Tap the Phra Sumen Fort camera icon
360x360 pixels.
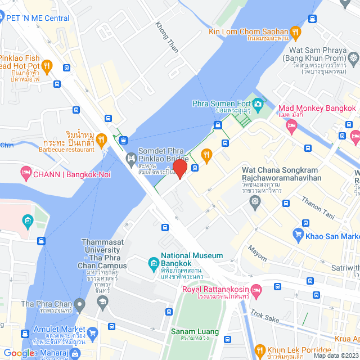click(x=258, y=103)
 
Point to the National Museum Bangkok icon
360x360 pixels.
click(x=152, y=263)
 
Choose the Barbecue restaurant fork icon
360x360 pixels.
click(x=101, y=139)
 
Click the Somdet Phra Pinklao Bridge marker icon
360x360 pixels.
click(x=130, y=157)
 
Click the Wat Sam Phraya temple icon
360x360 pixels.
click(x=353, y=57)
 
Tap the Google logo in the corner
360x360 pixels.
click(x=20, y=353)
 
